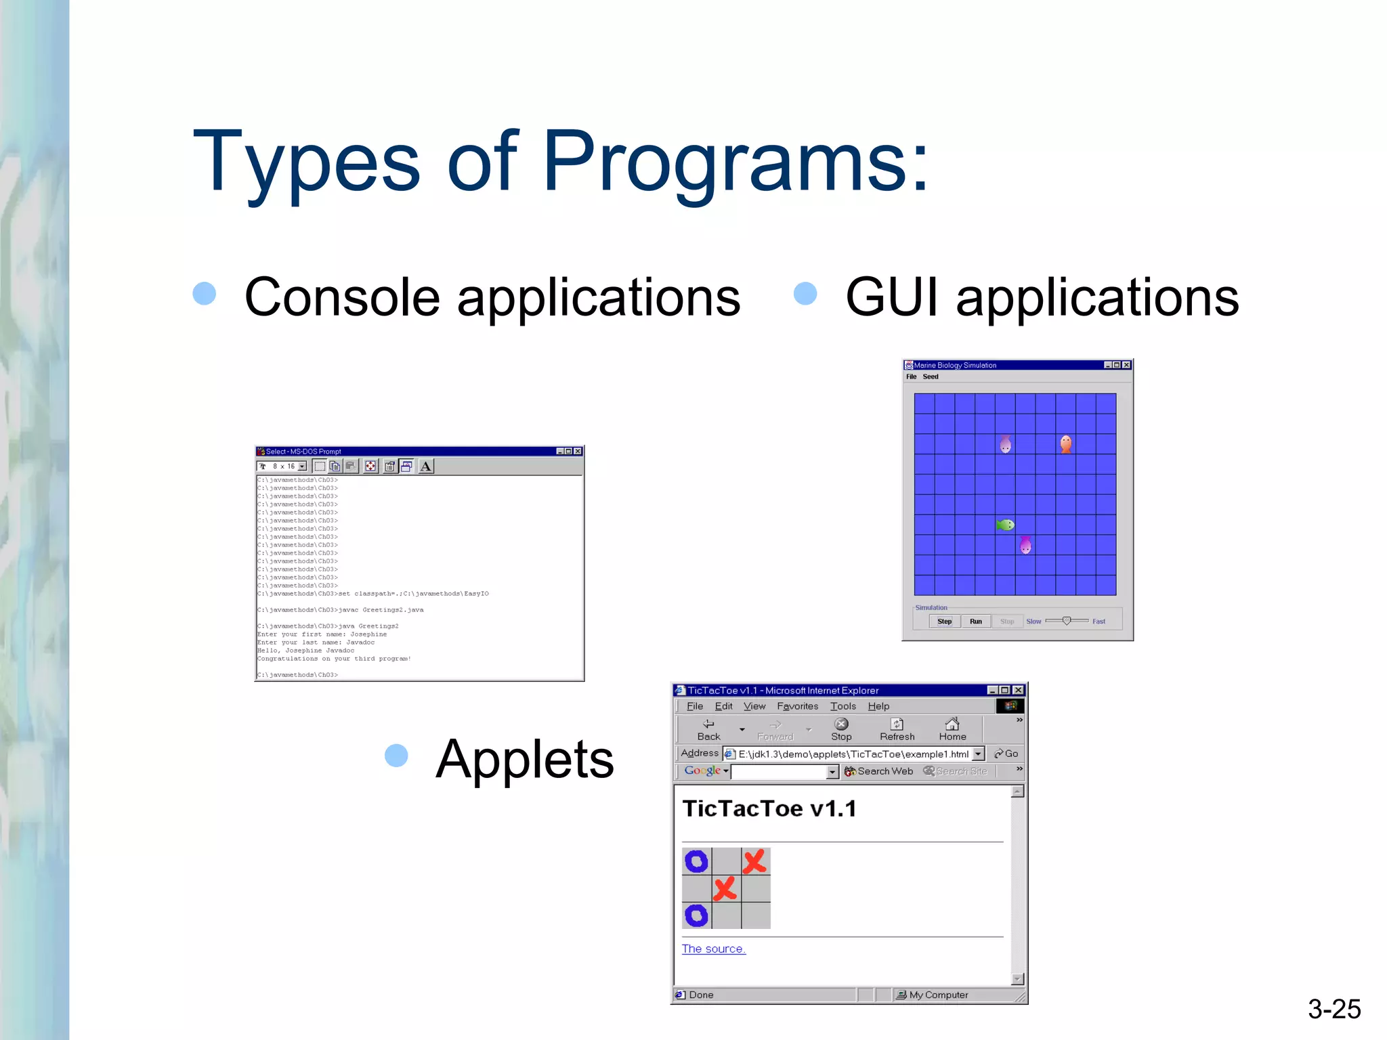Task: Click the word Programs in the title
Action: tap(735, 162)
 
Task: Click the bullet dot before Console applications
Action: tap(204, 294)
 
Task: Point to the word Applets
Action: tap(524, 759)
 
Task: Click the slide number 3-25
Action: tap(1333, 1009)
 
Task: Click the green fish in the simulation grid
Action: tap(1005, 525)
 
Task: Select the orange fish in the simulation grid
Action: tap(1065, 444)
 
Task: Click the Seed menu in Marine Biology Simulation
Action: tap(931, 376)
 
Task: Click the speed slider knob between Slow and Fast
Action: tap(1066, 621)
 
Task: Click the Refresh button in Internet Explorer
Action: tap(897, 729)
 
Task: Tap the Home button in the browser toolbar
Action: tap(952, 729)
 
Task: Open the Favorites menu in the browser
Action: tap(797, 706)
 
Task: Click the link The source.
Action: tap(713, 949)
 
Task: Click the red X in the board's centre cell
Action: tap(725, 888)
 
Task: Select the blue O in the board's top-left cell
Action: tap(696, 861)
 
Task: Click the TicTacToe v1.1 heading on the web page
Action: tap(769, 808)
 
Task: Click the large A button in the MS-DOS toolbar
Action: tap(425, 466)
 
